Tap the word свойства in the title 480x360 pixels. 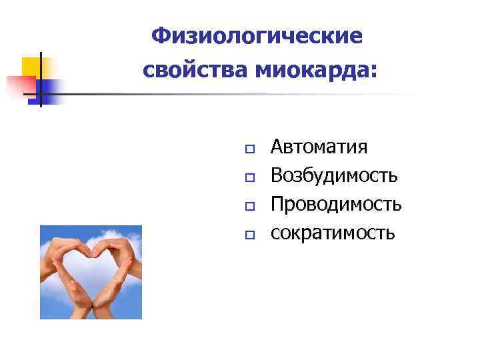pyautogui.click(x=194, y=69)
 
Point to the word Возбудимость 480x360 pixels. pyautogui.click(x=334, y=175)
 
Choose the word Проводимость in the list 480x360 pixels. pyautogui.click(x=336, y=204)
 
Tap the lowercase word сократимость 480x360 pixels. pyautogui.click(x=333, y=233)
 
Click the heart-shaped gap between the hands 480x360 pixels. pyautogui.click(x=91, y=273)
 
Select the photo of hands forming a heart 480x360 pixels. pyautogui.click(x=91, y=272)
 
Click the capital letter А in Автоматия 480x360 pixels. pyautogui.click(x=277, y=147)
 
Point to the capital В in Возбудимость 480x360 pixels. pyautogui.click(x=277, y=175)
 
